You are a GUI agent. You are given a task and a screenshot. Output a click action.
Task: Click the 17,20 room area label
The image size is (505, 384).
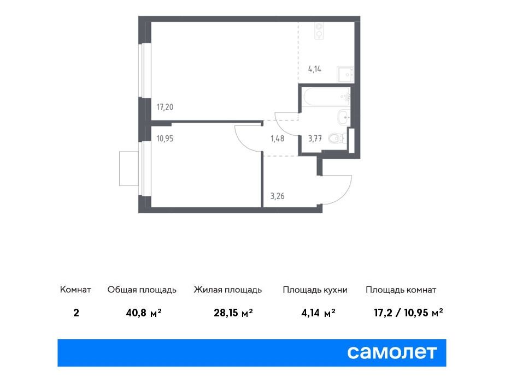(x=165, y=107)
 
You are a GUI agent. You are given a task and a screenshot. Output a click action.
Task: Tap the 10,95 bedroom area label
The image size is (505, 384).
(x=165, y=139)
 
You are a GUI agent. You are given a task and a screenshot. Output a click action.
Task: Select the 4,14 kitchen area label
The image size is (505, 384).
(x=315, y=69)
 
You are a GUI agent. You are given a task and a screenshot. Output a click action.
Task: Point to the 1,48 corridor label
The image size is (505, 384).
(x=277, y=139)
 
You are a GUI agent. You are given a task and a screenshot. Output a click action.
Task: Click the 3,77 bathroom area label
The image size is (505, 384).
(x=315, y=139)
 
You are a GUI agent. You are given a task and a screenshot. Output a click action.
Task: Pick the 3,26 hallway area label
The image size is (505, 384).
(x=277, y=196)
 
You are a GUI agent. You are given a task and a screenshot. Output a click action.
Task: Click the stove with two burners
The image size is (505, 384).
(x=319, y=31)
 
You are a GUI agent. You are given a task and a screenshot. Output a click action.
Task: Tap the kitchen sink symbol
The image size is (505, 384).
(x=345, y=75)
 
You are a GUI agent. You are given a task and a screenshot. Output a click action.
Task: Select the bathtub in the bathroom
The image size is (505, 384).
(x=326, y=97)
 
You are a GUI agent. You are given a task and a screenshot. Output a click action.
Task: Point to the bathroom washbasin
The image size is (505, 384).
(x=344, y=117)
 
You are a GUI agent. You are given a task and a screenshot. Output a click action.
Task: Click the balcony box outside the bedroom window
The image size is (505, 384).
(x=129, y=169)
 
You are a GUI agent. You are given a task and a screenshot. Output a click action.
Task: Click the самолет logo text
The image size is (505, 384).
(x=392, y=352)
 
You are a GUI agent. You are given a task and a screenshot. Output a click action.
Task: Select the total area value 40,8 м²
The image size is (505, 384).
(x=144, y=313)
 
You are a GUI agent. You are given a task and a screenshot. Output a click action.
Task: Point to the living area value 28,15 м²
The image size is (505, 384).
(x=233, y=313)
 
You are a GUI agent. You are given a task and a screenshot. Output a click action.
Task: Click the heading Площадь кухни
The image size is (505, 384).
(x=315, y=290)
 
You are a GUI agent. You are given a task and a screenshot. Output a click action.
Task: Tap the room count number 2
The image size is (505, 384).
(x=76, y=313)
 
